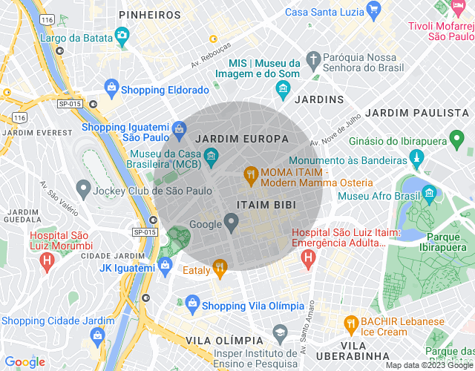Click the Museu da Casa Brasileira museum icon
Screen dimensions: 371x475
click(211, 156)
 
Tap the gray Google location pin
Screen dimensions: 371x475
click(232, 220)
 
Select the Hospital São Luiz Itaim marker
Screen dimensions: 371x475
click(308, 257)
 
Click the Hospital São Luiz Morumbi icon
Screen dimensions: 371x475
click(47, 260)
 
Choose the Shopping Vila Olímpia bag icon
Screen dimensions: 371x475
click(192, 303)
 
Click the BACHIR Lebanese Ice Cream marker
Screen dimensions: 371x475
click(352, 324)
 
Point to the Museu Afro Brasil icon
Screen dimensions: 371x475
click(429, 196)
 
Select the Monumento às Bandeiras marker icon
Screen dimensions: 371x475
click(417, 159)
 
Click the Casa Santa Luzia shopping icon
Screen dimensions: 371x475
click(373, 11)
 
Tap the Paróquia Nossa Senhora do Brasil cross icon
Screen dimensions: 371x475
click(314, 59)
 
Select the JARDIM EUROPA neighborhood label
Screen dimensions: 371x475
click(232, 139)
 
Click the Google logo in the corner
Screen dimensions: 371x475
click(24, 361)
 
